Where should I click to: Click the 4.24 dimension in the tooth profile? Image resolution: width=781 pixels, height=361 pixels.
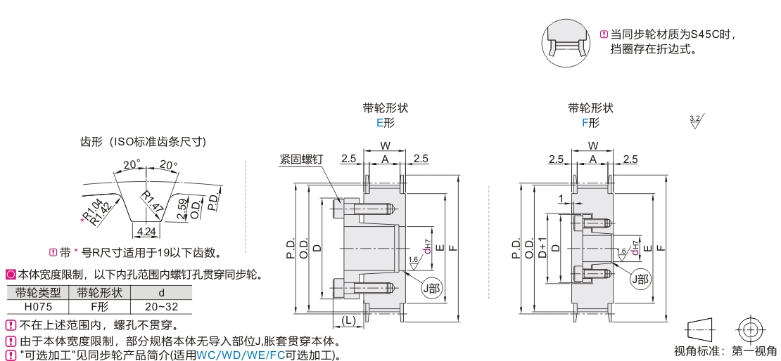coord(147,230)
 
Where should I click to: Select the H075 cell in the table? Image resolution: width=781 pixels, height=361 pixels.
coord(37,306)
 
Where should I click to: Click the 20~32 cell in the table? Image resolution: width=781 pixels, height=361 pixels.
coord(161,306)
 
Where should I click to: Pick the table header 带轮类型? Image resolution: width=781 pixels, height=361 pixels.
coord(37,293)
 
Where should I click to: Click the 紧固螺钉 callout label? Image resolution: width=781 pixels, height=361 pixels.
coord(300,160)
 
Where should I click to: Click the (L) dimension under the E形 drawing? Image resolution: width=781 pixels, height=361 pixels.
coord(349,320)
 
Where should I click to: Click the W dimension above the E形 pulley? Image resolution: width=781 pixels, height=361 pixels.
coord(385,145)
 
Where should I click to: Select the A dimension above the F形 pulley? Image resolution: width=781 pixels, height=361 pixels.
coord(592,159)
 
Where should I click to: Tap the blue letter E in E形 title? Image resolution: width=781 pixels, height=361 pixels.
coord(380,122)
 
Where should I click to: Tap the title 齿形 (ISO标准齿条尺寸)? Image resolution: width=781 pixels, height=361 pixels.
coord(143,142)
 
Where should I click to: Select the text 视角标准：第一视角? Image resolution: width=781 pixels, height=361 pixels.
coord(725,351)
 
